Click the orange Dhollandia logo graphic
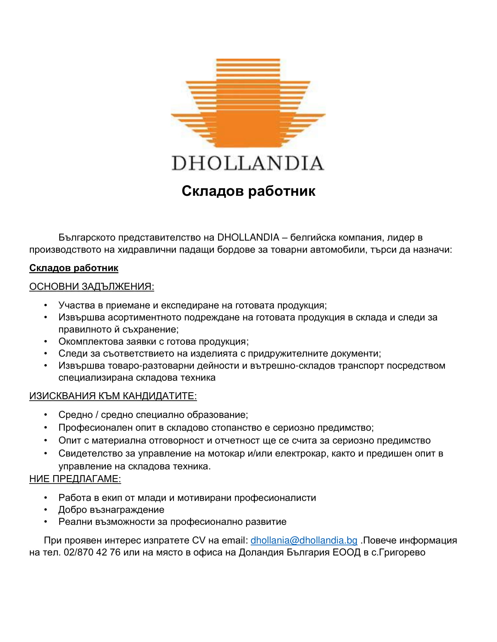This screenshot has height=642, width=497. coord(248,103)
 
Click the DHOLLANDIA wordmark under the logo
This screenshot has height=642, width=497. coord(248,163)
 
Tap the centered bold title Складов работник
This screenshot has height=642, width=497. coord(248,191)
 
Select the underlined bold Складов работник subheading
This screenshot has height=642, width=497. coord(74,268)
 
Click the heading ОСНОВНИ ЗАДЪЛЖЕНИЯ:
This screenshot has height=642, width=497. coord(92,286)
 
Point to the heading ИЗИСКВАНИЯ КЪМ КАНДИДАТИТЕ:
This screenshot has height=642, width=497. coord(113,396)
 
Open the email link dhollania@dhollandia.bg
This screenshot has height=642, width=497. coord(304,540)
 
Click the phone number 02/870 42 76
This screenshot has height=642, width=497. coord(92,552)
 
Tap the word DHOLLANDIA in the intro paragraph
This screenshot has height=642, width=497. coord(248,237)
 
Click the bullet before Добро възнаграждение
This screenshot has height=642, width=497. coord(46,510)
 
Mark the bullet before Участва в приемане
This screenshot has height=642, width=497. coord(46,305)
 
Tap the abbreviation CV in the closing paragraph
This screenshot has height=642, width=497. coord(199,540)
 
